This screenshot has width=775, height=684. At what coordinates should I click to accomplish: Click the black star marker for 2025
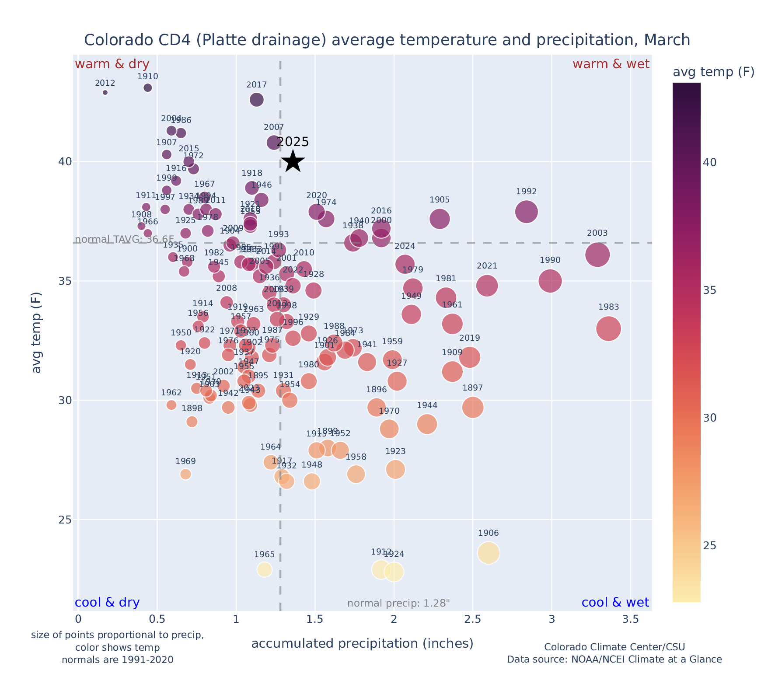(x=293, y=161)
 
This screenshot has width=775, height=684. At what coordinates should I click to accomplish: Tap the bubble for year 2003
(x=597, y=255)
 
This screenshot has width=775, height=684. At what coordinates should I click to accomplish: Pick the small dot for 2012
(x=105, y=92)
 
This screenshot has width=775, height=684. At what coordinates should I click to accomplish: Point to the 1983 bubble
(x=608, y=329)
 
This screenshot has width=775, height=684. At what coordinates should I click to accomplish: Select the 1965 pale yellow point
(x=264, y=569)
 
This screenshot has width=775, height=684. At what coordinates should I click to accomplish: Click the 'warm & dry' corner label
(x=112, y=64)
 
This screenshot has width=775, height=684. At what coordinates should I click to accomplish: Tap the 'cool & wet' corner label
(x=615, y=603)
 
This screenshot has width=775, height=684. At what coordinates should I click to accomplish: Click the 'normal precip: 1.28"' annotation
(x=398, y=604)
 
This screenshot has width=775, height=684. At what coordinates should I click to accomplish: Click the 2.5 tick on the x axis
(x=473, y=620)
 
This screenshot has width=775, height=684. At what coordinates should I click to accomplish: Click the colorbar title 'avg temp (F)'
(x=713, y=72)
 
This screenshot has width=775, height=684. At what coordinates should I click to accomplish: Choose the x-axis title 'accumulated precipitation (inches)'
(x=362, y=643)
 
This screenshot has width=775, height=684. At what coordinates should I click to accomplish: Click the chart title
(x=387, y=40)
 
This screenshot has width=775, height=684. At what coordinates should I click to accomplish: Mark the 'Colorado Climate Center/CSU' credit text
(x=614, y=647)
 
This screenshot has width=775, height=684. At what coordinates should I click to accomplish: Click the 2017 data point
(x=257, y=100)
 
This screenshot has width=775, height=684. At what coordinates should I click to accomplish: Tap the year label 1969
(x=185, y=461)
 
